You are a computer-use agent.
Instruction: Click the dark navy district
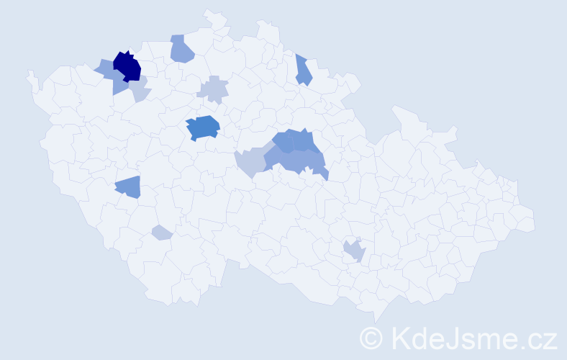[127, 66]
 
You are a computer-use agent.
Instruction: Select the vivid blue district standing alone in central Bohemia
[203, 127]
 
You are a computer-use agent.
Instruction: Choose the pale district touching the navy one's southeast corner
[140, 89]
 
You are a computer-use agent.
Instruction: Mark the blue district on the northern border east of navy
[182, 49]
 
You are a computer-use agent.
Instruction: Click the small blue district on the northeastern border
[303, 70]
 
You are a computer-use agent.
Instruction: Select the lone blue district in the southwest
[128, 187]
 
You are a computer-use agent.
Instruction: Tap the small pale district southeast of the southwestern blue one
[162, 233]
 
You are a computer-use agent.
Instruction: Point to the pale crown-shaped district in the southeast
[354, 251]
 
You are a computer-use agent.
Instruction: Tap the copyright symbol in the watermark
[371, 338]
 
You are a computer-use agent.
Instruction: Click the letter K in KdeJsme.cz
[400, 338]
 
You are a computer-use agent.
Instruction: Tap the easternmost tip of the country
[535, 222]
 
